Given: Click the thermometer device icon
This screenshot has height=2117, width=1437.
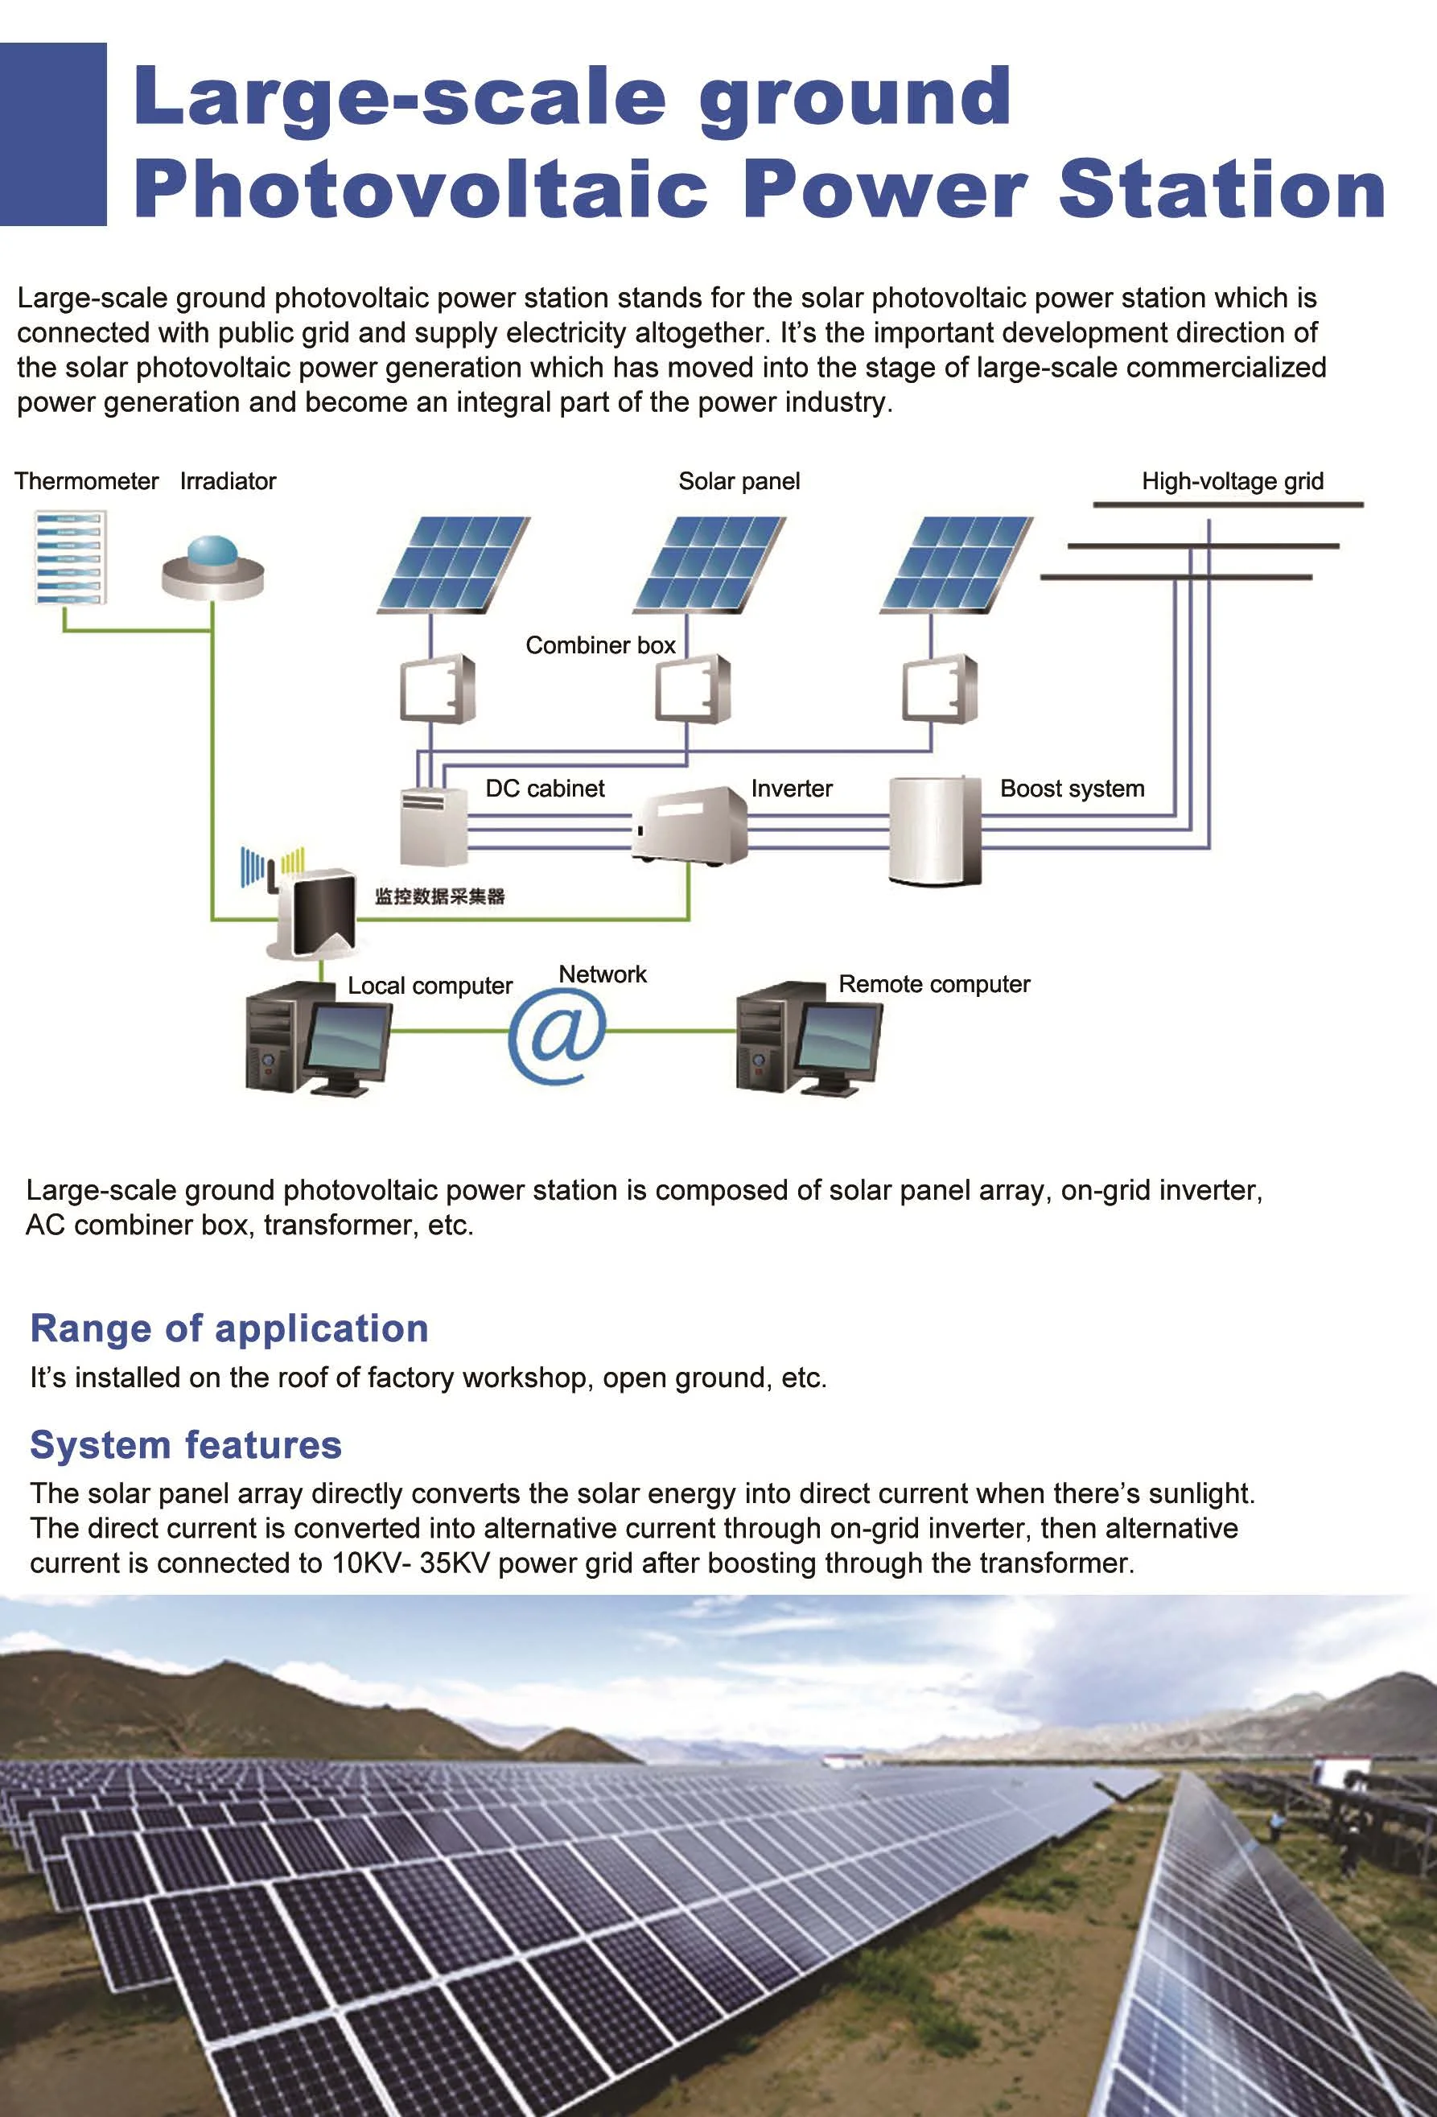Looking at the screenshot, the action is [70, 557].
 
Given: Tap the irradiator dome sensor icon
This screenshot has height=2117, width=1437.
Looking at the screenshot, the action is [213, 567].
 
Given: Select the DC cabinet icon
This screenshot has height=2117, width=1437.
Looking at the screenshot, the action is [434, 826].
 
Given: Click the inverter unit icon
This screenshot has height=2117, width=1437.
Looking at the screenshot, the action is [690, 825].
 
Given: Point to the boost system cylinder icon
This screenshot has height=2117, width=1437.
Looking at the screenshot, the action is [935, 830].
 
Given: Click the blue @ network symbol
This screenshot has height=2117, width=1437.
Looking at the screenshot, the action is [557, 1036].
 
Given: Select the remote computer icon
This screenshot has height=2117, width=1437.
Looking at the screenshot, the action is [809, 1037].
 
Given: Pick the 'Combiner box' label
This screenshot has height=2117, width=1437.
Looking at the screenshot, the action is [600, 645].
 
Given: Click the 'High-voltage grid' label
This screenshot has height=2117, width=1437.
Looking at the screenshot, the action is [1232, 481].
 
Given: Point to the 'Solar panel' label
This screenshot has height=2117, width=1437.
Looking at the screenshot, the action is [739, 481].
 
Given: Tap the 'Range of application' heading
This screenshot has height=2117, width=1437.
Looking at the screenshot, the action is [229, 1328].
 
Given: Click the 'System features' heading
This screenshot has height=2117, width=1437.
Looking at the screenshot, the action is [186, 1445].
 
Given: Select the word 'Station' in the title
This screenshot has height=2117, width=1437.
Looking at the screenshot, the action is [1221, 188].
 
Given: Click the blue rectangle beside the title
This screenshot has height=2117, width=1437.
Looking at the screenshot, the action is [53, 134].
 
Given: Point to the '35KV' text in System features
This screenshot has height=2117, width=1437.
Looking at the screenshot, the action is [455, 1563].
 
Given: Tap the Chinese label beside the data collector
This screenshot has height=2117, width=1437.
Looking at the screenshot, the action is [440, 896].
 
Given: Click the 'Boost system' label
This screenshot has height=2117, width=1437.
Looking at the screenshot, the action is [1072, 789].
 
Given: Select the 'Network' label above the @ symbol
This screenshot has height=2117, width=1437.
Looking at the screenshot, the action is [602, 974].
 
